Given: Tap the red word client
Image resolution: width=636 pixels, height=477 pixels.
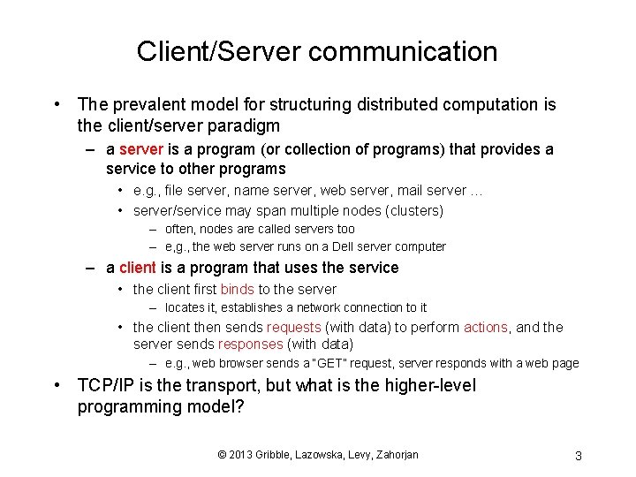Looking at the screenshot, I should (137, 268).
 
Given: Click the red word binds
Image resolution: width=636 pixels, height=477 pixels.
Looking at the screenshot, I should (237, 289).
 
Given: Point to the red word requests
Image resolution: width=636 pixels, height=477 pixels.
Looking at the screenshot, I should (294, 327).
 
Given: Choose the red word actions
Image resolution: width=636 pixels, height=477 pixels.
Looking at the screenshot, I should (485, 327).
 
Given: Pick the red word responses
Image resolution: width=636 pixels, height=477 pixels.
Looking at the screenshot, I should (250, 344).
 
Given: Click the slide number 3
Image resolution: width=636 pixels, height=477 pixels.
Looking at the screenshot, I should (578, 456).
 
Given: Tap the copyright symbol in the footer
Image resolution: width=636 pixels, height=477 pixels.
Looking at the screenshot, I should (222, 455).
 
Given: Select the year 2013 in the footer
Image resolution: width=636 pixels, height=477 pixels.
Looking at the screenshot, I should (240, 455).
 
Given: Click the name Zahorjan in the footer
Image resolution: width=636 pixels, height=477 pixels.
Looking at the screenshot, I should (393, 455).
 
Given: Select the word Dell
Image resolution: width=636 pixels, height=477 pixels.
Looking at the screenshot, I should (323, 246).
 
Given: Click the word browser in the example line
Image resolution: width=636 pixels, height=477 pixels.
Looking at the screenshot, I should (238, 363).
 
